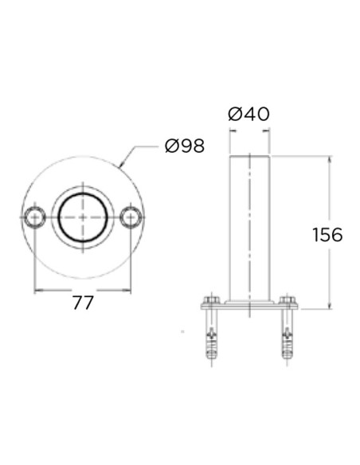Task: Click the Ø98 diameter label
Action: pos(184,146)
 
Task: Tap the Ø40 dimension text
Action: pos(248,114)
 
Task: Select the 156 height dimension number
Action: pos(327,235)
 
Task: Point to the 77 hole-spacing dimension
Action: pos(83,303)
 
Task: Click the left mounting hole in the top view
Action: pos(34,217)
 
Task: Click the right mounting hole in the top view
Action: pos(131,217)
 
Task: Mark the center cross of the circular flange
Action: pos(83,217)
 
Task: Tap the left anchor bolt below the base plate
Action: pos(211,338)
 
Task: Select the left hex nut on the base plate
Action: pos(211,301)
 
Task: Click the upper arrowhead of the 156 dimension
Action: pos(328,158)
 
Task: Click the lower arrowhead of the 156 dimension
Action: pos(328,307)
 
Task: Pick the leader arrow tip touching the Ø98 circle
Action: pos(119,166)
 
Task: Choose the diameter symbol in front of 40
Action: pos(235,114)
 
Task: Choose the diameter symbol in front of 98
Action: pos(170,146)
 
